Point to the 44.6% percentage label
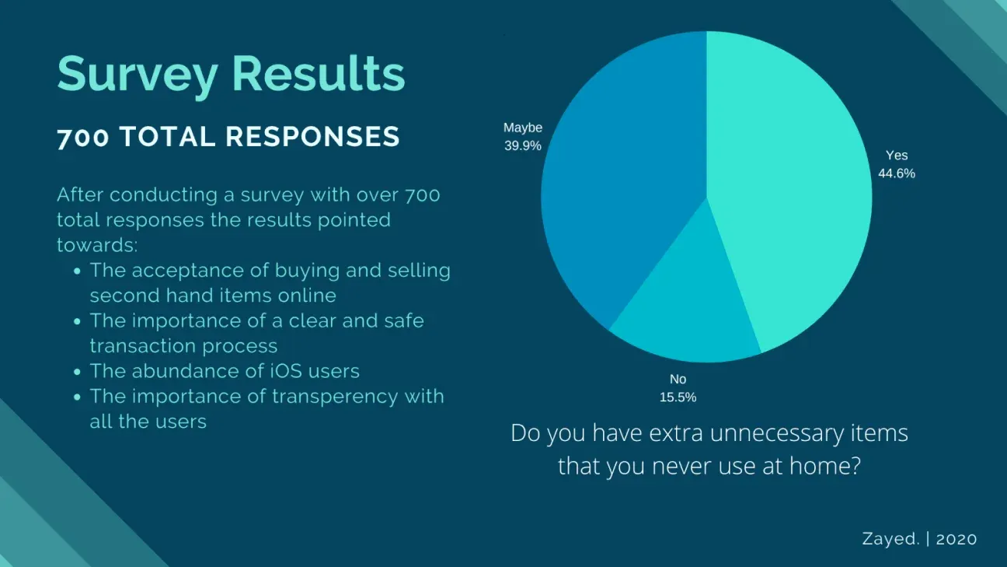click(897, 173)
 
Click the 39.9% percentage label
click(522, 145)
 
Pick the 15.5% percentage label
click(678, 397)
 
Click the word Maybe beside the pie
click(523, 128)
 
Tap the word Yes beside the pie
click(897, 156)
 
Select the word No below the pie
click(678, 380)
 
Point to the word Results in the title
click(319, 75)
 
